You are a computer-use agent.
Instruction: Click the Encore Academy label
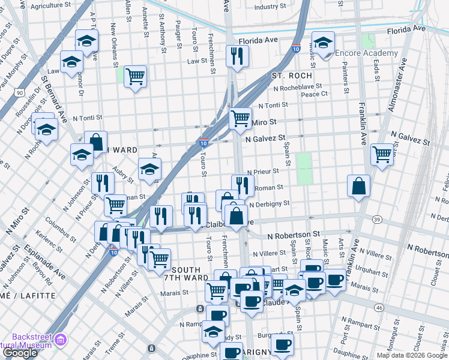pos(366,53)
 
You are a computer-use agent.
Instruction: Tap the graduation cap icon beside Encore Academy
pos(323,43)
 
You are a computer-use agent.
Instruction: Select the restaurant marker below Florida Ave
pos(237,56)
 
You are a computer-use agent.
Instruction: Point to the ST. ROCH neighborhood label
pos(292,76)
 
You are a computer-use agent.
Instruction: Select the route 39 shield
pos(376,219)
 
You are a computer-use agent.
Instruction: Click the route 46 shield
pos(378,307)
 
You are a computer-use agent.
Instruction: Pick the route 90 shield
pos(20,93)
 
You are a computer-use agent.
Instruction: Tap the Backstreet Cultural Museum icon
pos(60,341)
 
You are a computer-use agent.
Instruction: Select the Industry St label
pos(270,7)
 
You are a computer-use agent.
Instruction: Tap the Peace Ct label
pos(314,94)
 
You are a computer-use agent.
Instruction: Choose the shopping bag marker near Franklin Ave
pos(358,186)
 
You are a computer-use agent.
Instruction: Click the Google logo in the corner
pos(19,353)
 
